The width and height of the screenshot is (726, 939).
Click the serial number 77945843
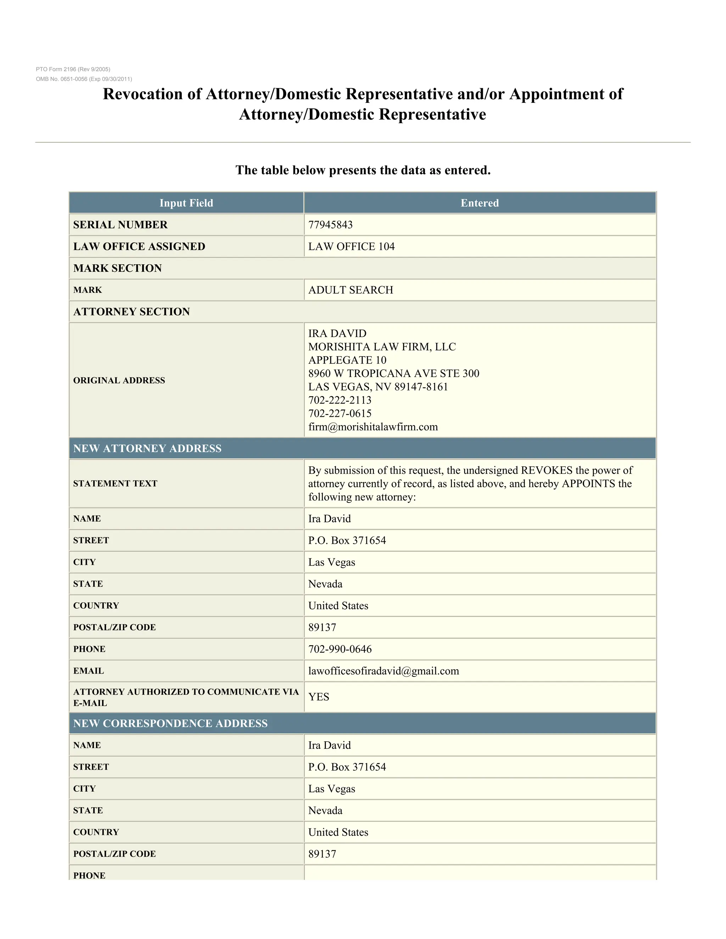[330, 225]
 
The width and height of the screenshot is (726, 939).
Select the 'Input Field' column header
[186, 203]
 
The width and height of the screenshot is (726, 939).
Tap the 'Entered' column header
[480, 203]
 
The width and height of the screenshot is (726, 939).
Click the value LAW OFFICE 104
[351, 246]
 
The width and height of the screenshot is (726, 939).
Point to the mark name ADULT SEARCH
[351, 290]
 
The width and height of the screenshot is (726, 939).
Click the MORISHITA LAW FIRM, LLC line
[382, 347]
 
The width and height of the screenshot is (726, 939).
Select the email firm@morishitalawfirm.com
[373, 427]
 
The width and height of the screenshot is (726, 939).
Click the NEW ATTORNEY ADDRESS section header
[147, 449]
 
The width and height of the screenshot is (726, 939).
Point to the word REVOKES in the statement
[546, 470]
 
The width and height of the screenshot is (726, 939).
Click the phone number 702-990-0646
[340, 649]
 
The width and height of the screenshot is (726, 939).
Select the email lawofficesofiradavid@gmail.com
[384, 671]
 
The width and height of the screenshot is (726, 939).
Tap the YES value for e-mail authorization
[319, 697]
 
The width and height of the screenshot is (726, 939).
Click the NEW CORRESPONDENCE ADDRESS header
[170, 724]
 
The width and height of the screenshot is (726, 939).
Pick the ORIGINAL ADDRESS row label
[119, 381]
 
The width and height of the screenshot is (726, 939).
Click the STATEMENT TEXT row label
[115, 484]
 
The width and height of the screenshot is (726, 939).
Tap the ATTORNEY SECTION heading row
[132, 312]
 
